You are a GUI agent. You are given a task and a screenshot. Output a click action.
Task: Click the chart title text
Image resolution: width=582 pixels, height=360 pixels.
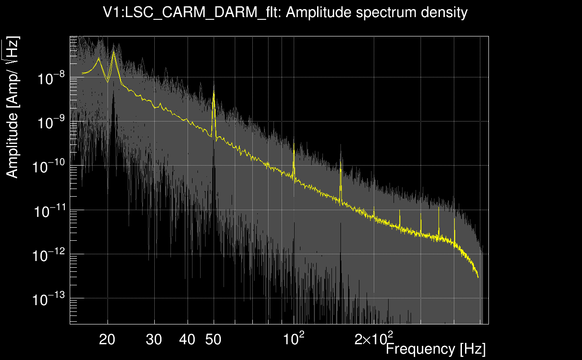point(286,12)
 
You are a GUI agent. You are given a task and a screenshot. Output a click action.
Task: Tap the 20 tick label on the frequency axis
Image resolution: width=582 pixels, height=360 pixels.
point(107,340)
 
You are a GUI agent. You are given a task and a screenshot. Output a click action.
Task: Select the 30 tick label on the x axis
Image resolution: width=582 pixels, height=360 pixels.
point(154,340)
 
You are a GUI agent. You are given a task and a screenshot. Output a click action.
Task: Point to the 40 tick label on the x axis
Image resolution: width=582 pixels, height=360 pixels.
point(187,340)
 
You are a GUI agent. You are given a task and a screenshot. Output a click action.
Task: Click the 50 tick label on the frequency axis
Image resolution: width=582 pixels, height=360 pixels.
point(213,340)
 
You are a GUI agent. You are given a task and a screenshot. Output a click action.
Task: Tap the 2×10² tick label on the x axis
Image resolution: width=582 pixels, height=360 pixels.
point(374,339)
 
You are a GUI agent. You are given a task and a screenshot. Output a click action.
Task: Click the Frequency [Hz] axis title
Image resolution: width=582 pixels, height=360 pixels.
point(435,349)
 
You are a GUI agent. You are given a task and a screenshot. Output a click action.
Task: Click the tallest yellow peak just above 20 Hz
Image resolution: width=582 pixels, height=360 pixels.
point(113,52)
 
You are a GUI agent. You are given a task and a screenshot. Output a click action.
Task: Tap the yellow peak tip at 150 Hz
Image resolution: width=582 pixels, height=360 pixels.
point(341,170)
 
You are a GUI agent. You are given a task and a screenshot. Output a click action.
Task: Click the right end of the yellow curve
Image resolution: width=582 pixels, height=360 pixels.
point(478,278)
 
